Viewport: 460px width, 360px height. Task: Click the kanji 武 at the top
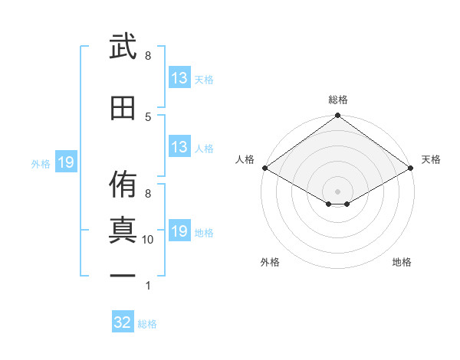[123, 46]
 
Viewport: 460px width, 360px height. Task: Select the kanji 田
[123, 108]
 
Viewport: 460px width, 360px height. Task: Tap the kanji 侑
[123, 184]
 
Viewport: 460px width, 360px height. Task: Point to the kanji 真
[123, 230]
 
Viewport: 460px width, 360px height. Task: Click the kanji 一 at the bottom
[123, 276]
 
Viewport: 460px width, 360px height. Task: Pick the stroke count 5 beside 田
[148, 117]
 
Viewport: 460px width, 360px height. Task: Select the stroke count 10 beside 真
[147, 240]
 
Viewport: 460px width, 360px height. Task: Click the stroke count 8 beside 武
[148, 56]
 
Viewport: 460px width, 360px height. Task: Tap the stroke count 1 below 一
[148, 286]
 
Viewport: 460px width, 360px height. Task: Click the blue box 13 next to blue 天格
[179, 77]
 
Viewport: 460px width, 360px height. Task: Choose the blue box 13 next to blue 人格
[179, 146]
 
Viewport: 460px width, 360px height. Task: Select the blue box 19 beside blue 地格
[179, 230]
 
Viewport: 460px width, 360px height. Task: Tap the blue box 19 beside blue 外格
[66, 162]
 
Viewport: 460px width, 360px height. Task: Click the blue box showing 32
[123, 321]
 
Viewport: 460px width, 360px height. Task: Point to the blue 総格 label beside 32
[147, 324]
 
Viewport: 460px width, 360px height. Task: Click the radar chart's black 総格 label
[338, 100]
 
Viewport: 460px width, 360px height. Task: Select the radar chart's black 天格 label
[431, 159]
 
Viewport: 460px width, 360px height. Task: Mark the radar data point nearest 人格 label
[265, 168]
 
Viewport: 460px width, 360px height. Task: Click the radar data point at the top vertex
[337, 115]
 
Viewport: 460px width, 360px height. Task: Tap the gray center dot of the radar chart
[337, 191]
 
